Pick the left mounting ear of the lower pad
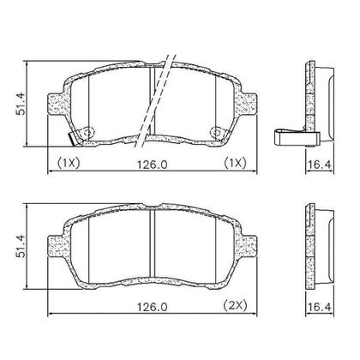[x=53, y=245]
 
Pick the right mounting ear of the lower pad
[x=249, y=245]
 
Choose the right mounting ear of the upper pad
[x=249, y=104]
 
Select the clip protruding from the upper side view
[x=287, y=135]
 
